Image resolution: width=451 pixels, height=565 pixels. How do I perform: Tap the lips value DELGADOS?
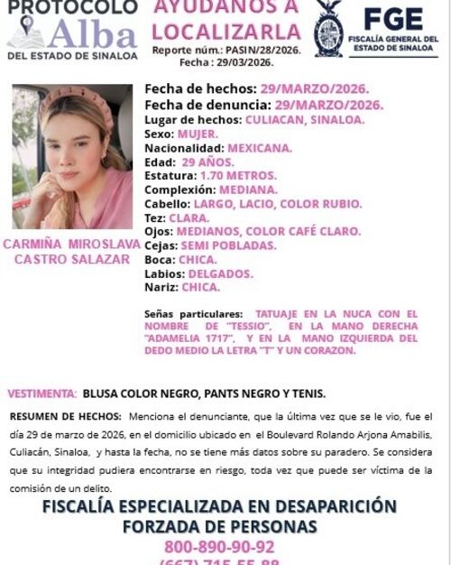point(222,273)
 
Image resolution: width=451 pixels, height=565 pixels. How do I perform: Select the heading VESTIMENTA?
point(42,394)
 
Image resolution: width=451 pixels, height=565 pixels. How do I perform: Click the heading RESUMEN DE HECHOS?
point(65,416)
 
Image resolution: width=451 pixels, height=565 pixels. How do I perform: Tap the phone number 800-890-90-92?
point(219,547)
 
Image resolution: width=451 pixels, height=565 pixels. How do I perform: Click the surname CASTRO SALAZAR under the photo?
point(71,259)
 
